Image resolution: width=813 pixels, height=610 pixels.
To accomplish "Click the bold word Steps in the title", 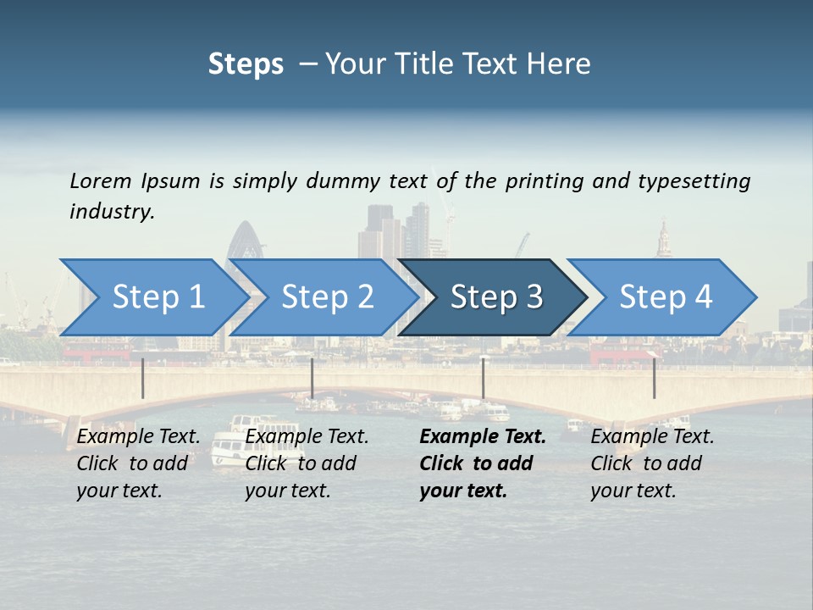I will tap(246, 64).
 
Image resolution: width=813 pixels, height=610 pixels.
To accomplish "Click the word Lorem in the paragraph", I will tap(101, 181).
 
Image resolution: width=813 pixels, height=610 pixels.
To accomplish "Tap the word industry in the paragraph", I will tap(112, 212).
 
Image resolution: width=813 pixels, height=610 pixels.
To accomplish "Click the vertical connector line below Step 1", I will tap(143, 378).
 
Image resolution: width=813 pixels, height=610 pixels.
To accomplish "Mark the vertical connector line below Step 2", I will tap(312, 378).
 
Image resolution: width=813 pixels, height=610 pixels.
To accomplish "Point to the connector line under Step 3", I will tap(483, 378).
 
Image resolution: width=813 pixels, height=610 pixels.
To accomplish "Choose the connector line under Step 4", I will tap(654, 378).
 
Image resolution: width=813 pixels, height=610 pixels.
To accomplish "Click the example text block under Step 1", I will tap(138, 463).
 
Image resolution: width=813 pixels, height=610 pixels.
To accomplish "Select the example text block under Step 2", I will tap(307, 463).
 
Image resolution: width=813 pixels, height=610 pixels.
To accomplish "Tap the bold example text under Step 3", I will tap(483, 463).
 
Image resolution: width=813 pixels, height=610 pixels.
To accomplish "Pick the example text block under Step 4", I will tap(652, 463).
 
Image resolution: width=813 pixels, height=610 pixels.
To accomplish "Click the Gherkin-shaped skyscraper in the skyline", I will tap(246, 241).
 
